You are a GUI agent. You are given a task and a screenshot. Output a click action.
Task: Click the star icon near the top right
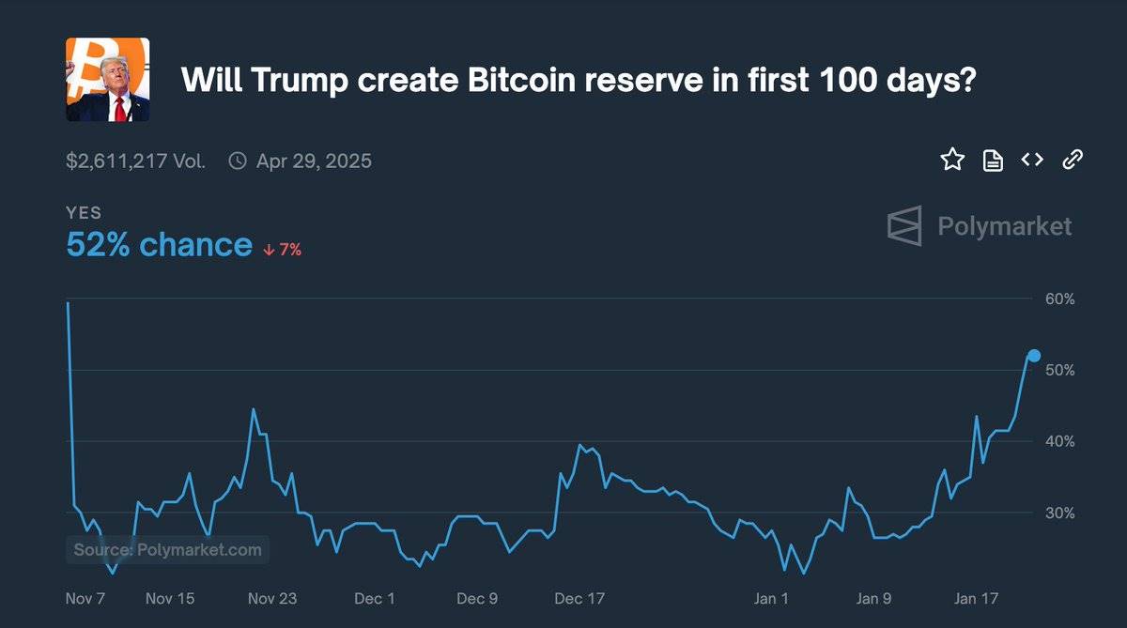952,160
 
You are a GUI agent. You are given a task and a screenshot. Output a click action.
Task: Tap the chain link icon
1073,160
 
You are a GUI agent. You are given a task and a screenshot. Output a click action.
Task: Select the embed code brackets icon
1032,160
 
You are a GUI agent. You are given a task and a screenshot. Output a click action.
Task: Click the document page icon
993,161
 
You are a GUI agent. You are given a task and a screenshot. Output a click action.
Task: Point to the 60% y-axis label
1059,299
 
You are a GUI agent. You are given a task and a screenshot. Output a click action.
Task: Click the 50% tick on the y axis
1059,371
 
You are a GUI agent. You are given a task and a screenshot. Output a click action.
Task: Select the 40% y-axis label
1059,441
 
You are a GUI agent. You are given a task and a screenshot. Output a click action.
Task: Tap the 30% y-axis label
1059,513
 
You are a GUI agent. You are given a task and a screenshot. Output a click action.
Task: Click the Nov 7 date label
85,599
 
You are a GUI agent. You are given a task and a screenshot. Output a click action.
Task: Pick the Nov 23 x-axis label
272,599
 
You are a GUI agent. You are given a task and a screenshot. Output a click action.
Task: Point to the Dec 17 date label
579,599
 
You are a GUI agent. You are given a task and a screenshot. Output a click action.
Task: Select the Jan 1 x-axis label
771,599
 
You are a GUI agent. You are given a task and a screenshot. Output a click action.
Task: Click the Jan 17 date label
977,599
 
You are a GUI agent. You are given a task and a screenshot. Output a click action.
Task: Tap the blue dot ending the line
1034,355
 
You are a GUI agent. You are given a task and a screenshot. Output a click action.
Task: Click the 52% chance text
159,245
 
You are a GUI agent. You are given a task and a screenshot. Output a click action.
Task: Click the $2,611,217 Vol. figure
135,161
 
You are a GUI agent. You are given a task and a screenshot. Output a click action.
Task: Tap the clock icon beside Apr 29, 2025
239,161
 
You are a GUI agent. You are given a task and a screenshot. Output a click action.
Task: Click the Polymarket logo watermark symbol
905,226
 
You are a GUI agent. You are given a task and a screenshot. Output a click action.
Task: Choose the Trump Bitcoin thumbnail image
107,80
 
